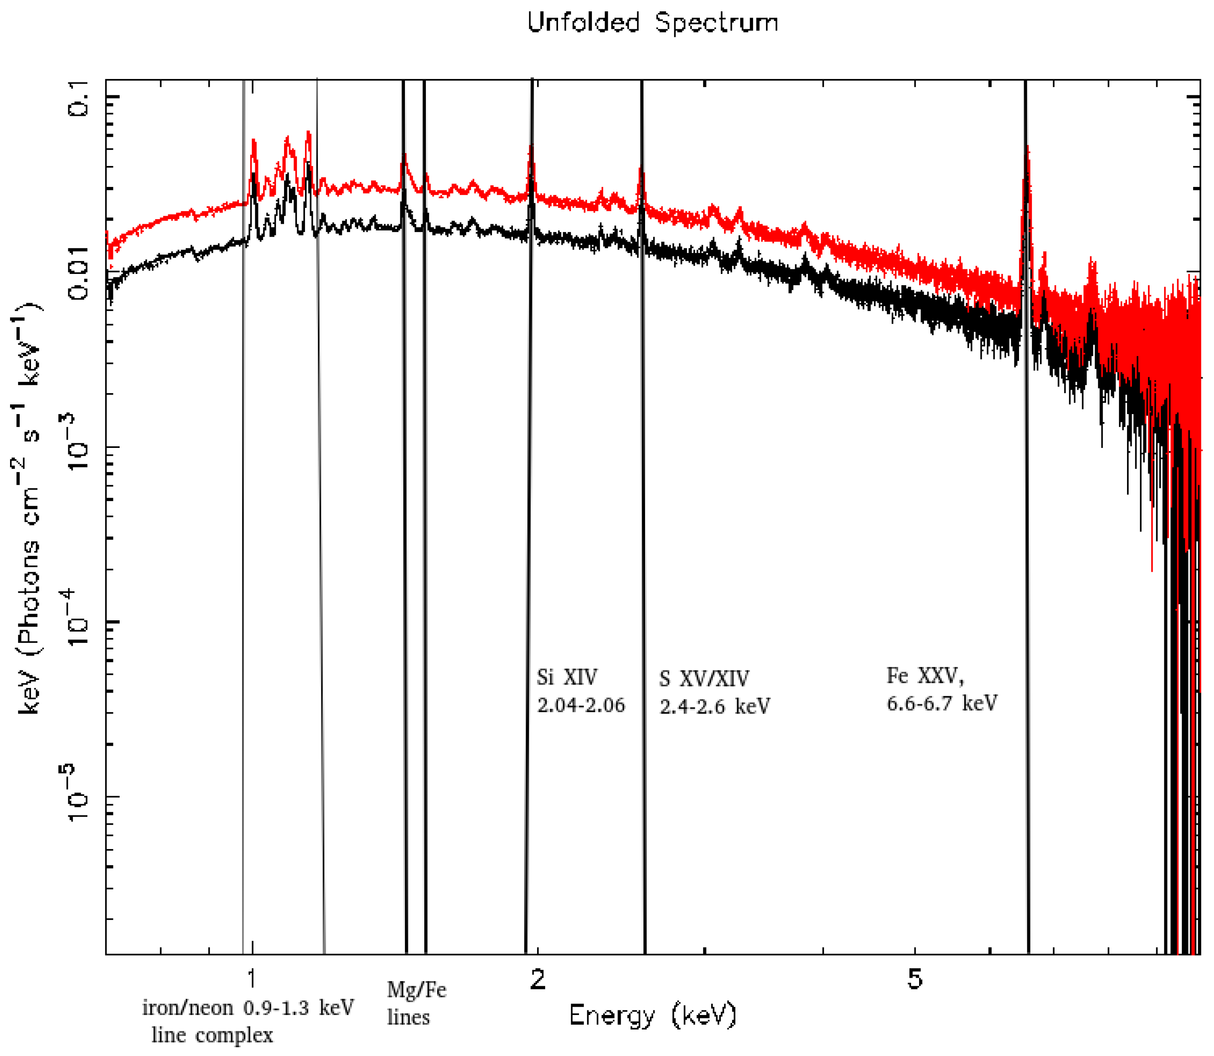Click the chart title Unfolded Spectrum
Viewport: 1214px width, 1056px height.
pyautogui.click(x=652, y=23)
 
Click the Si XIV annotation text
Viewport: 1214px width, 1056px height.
pyautogui.click(x=567, y=677)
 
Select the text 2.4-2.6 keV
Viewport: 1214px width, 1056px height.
pyautogui.click(x=714, y=706)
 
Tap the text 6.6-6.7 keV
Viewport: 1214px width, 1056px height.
pyautogui.click(x=942, y=703)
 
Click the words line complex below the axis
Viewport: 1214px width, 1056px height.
pyautogui.click(x=212, y=1036)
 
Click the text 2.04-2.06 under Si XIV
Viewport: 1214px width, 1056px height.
pyautogui.click(x=581, y=706)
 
